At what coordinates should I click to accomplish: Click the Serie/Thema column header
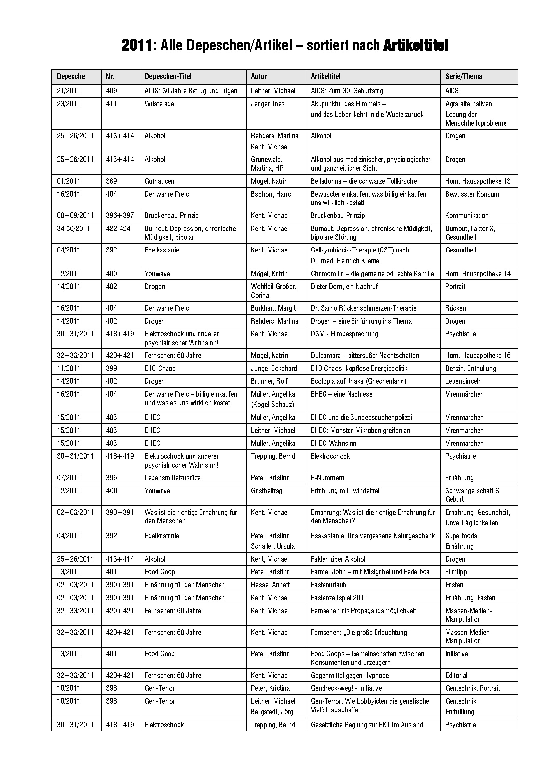[x=464, y=76]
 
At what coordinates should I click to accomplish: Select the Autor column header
[x=258, y=76]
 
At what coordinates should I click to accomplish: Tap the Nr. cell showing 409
[x=111, y=91]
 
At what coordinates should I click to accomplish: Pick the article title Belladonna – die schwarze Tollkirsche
[x=364, y=181]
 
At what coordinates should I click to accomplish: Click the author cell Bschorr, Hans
[x=271, y=194]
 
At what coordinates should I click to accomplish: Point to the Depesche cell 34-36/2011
[x=73, y=228]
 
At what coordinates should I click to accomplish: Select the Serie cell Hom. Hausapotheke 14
[x=478, y=274]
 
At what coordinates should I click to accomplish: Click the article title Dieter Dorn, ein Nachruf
[x=344, y=286]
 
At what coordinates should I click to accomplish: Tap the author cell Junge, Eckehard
[x=273, y=369]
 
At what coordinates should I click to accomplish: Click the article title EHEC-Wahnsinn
[x=333, y=443]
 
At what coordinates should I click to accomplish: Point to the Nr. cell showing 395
[x=111, y=478]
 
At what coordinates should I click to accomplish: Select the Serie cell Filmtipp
[x=456, y=572]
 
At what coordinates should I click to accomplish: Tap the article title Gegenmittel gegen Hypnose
[x=350, y=675]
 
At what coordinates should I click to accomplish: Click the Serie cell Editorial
[x=456, y=675]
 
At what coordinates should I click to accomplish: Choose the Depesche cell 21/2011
[x=68, y=91]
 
